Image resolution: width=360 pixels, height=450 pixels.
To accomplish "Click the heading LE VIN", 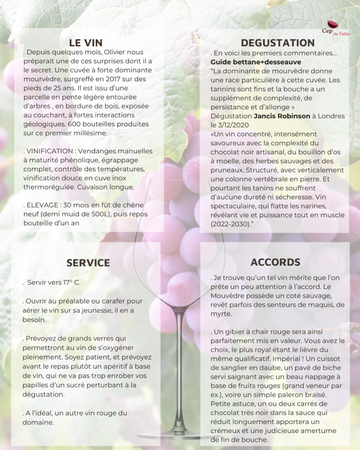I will [86, 42].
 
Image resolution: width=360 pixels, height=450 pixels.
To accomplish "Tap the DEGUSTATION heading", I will [277, 42].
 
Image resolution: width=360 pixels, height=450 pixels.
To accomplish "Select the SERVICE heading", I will [88, 263].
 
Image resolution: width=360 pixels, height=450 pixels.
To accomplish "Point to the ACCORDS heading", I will [275, 262].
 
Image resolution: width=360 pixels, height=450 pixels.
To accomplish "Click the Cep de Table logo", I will [333, 29].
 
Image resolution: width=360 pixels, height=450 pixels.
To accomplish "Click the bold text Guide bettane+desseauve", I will [249, 62].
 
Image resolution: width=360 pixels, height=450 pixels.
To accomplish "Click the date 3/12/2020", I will [237, 125].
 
